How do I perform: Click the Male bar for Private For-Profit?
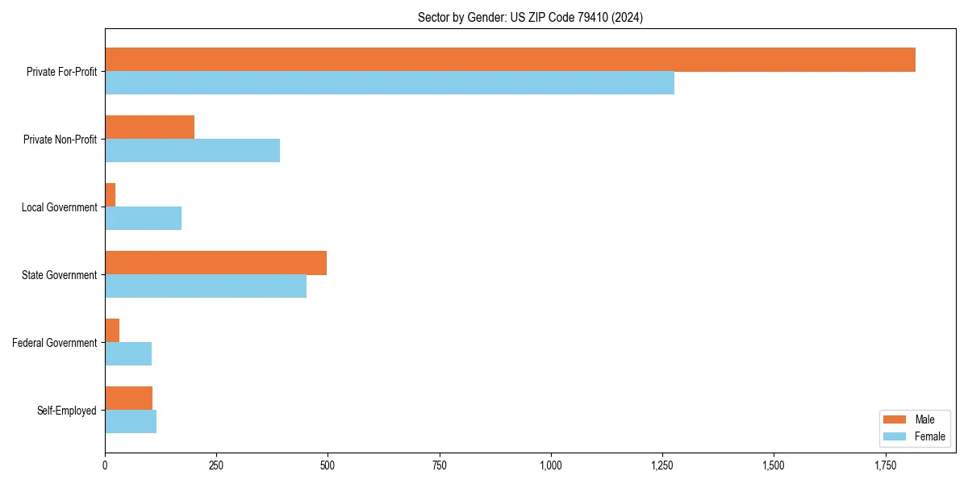pos(510,60)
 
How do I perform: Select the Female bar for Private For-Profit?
pos(390,83)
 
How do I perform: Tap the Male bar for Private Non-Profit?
pos(149,127)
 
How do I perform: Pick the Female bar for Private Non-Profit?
pos(192,151)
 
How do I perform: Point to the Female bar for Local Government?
pos(143,219)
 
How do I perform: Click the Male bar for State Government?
pos(215,263)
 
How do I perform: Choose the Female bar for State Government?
pos(206,286)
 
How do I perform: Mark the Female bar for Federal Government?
pos(128,354)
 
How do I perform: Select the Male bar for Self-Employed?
pos(128,398)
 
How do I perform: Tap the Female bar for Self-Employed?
pos(131,422)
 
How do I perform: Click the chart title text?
pos(530,17)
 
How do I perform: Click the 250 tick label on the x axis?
pos(216,465)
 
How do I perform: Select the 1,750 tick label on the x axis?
pos(885,465)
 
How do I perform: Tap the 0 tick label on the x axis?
pos(105,465)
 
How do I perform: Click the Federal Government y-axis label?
pos(55,343)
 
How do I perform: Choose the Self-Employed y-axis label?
pos(67,411)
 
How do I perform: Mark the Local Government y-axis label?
pos(60,207)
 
